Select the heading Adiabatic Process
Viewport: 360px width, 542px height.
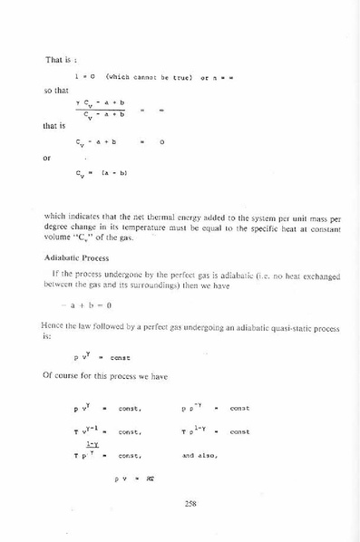pos(76,257)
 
